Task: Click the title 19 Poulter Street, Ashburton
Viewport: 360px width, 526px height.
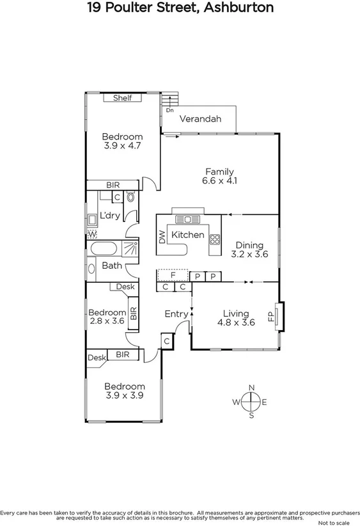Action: pos(180,8)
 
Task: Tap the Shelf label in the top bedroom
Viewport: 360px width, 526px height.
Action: pos(122,98)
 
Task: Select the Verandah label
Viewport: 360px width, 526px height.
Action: pos(200,119)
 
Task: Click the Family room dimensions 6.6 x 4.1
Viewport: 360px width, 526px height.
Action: pos(219,180)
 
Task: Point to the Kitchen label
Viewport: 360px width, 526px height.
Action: pos(189,235)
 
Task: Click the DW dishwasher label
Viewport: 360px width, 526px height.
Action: pos(161,238)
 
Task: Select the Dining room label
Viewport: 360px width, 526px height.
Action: pos(249,244)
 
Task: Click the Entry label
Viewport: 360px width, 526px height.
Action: pos(176,314)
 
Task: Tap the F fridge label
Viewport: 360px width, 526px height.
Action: pos(173,275)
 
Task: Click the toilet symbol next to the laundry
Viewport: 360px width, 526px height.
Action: pos(131,198)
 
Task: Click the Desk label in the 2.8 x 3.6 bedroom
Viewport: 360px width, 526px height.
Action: pos(125,287)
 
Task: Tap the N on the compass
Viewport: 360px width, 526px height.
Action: pos(252,388)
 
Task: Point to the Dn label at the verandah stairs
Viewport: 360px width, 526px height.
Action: pos(169,110)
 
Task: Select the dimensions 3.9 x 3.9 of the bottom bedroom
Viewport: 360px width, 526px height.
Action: pos(124,395)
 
